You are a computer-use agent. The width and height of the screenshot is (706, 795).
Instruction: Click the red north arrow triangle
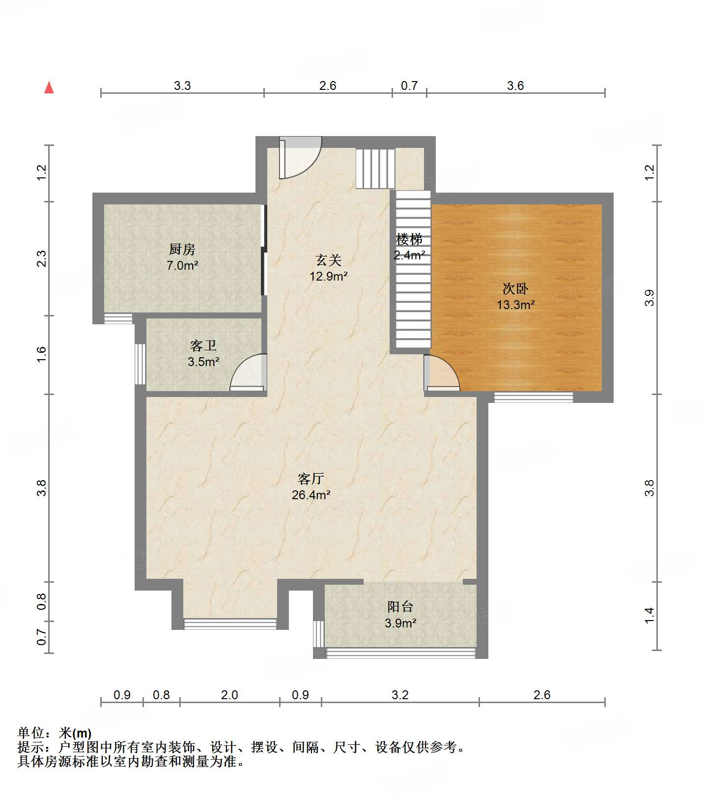point(49,87)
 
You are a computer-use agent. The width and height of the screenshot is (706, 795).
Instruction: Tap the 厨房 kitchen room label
point(182,250)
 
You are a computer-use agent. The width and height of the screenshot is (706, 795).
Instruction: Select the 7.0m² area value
point(182,266)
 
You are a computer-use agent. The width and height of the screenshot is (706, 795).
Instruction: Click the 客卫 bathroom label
point(203,346)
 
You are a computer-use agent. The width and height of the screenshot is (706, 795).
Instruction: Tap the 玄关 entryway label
point(328,260)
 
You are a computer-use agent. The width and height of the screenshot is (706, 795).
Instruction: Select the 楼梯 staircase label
point(409,240)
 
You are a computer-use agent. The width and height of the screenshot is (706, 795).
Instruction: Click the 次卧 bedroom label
point(515,288)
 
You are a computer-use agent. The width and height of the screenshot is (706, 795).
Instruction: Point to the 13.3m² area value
point(515,305)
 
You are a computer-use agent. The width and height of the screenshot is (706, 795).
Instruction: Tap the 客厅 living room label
point(311,478)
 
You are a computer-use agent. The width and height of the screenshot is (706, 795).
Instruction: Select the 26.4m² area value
point(311,495)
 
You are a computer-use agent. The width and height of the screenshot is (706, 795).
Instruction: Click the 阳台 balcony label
point(400,607)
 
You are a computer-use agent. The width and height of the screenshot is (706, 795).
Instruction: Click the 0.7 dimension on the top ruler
point(409,86)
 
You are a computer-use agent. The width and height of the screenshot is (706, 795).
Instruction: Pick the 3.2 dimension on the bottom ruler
point(400,695)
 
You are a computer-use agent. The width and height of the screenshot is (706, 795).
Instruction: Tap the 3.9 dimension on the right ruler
point(650,298)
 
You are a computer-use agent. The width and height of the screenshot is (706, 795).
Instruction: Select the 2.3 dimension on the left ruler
point(42,258)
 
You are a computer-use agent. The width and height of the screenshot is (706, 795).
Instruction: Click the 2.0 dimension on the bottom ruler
point(229,695)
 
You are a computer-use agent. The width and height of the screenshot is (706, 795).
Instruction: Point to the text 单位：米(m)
point(55,734)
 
